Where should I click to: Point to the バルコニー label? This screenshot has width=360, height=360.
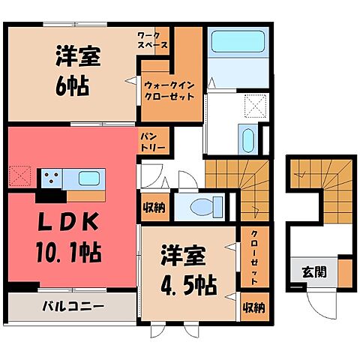tap(72, 306)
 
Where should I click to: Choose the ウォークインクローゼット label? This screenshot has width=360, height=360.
tap(169, 91)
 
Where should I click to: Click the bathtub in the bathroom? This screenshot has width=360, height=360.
tap(232, 43)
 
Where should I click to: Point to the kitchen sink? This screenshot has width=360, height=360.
tap(88, 178)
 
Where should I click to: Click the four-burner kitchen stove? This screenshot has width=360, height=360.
tap(51, 178)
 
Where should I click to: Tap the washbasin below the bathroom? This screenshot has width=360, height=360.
tap(247, 138)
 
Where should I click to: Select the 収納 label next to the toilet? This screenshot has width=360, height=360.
tap(155, 206)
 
